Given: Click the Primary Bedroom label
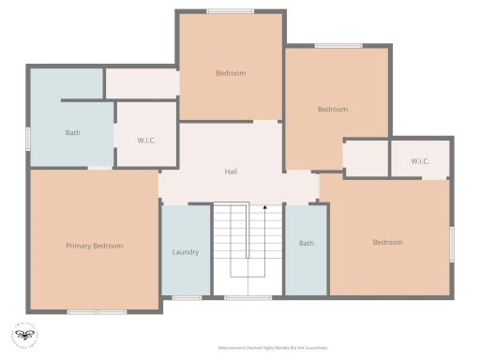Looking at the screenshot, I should click(94, 246).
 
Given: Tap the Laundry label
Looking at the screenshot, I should click(186, 251).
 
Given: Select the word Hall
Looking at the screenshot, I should click(231, 172).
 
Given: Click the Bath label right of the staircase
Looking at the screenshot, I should click(307, 244).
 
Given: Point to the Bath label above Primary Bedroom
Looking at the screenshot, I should click(72, 132).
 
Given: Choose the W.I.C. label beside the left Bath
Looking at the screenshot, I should click(146, 141).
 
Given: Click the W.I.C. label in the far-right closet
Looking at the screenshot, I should click(420, 160).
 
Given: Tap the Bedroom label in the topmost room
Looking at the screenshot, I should click(231, 73).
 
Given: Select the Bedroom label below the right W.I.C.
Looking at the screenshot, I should click(387, 242).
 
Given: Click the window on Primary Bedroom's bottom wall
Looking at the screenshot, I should click(97, 311).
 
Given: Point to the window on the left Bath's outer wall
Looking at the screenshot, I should click(28, 138).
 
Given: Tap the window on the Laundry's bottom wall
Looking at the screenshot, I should click(187, 297).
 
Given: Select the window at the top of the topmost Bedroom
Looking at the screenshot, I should click(230, 11).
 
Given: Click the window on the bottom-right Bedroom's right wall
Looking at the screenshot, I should click(452, 244).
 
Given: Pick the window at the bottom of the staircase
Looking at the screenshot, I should click(247, 297).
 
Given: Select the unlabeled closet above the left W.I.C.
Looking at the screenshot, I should click(141, 82).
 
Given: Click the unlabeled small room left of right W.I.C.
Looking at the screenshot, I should click(366, 157).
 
